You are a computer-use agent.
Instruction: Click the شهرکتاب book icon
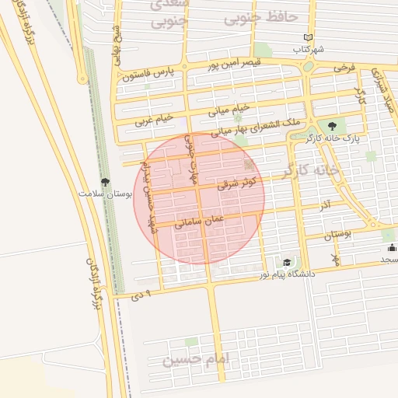pos(309,37)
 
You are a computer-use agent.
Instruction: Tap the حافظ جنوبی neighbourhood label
pos(261,16)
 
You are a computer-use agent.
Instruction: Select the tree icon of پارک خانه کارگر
pos(333,125)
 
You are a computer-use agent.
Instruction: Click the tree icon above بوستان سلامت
pos(105,181)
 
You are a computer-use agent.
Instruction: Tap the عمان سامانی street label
pos(199,222)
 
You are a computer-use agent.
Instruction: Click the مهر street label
pos(335,257)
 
